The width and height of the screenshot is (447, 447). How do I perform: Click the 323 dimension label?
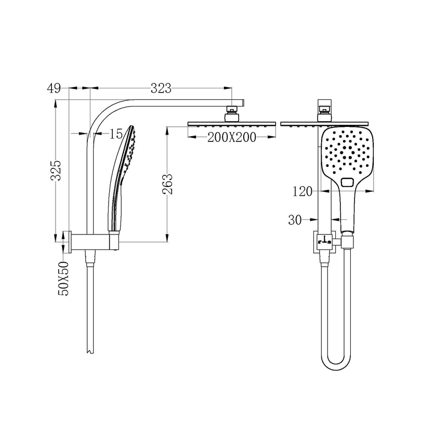[161, 88]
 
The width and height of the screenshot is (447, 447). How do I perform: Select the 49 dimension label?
[54, 88]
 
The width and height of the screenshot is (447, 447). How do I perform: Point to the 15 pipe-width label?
[116, 134]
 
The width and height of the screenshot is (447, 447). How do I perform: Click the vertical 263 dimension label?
[168, 183]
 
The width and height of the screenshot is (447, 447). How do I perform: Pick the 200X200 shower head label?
[231, 137]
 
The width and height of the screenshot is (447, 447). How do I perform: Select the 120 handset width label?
[302, 192]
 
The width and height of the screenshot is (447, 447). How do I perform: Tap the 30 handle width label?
[295, 220]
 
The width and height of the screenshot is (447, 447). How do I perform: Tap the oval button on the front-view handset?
[347, 182]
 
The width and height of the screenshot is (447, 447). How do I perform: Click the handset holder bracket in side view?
[113, 240]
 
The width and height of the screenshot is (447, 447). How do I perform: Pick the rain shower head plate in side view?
[231, 123]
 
